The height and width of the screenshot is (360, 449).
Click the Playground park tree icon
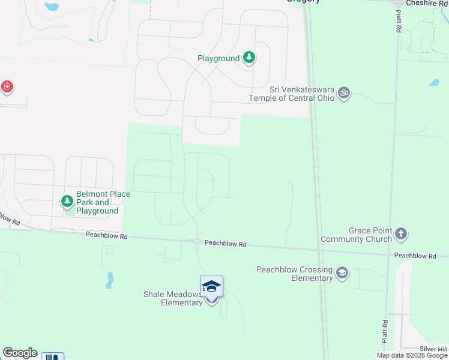click(250, 58)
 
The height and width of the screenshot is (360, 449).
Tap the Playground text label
click(219, 59)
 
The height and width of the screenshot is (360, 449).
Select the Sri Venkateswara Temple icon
click(344, 93)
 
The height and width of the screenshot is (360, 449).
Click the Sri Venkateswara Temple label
click(292, 94)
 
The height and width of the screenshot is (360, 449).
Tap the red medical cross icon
click(7, 87)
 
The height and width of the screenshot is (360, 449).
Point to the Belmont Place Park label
click(97, 203)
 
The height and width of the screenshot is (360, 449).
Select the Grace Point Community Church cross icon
click(401, 233)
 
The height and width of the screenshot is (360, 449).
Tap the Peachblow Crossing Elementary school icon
click(342, 274)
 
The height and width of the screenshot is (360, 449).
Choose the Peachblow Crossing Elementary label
click(295, 274)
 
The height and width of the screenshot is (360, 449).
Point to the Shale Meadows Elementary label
click(173, 298)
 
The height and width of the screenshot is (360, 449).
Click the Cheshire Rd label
click(427, 3)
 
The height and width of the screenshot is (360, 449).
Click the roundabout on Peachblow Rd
click(197, 241)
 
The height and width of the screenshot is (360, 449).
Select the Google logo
click(20, 353)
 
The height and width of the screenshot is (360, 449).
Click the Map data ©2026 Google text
click(412, 355)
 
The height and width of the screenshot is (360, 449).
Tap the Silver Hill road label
click(434, 349)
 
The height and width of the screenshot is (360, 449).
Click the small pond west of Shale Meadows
click(109, 280)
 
